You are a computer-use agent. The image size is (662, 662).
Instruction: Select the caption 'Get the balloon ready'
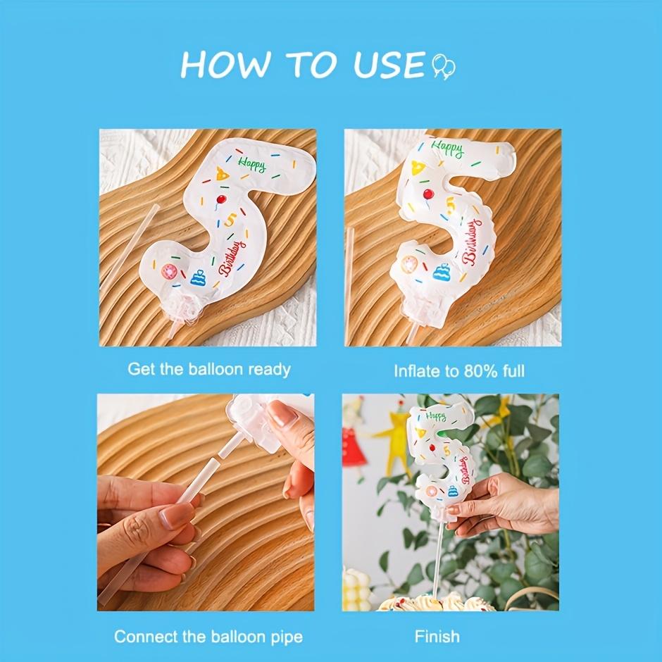pyautogui.click(x=209, y=369)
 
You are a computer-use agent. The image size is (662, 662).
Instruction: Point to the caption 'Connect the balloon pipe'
pyautogui.click(x=208, y=637)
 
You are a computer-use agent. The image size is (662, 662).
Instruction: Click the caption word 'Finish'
pyautogui.click(x=437, y=637)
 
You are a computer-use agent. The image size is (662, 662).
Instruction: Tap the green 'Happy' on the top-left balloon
pyautogui.click(x=251, y=165)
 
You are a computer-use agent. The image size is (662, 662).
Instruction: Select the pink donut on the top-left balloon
pyautogui.click(x=170, y=272)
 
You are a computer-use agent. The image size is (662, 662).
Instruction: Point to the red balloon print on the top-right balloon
pyautogui.click(x=427, y=195)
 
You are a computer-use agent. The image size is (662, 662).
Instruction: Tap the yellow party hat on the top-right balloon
pyautogui.click(x=418, y=168)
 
